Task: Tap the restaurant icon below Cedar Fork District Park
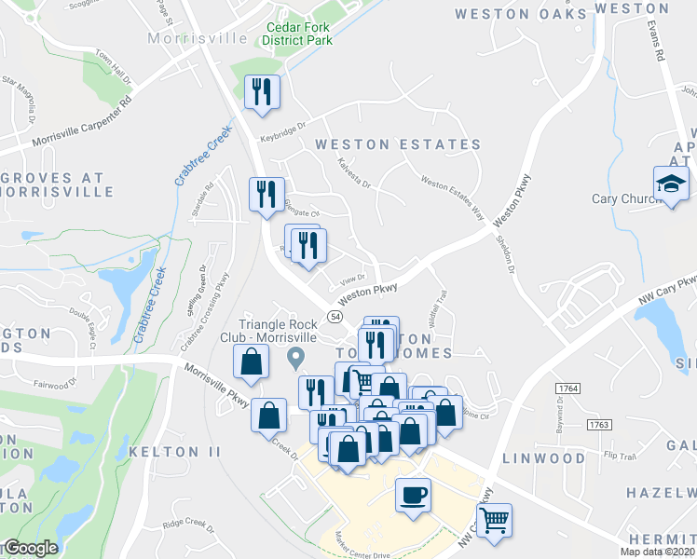tap(262, 91)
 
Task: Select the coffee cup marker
tap(412, 495)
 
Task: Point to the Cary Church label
tap(625, 198)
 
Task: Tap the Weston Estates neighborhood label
tap(398, 144)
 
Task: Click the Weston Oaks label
tap(522, 13)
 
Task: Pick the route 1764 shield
tap(566, 386)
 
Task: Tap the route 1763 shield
tap(597, 424)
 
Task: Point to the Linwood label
tap(543, 458)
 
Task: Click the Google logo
tap(31, 548)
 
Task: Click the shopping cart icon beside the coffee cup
tap(494, 518)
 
